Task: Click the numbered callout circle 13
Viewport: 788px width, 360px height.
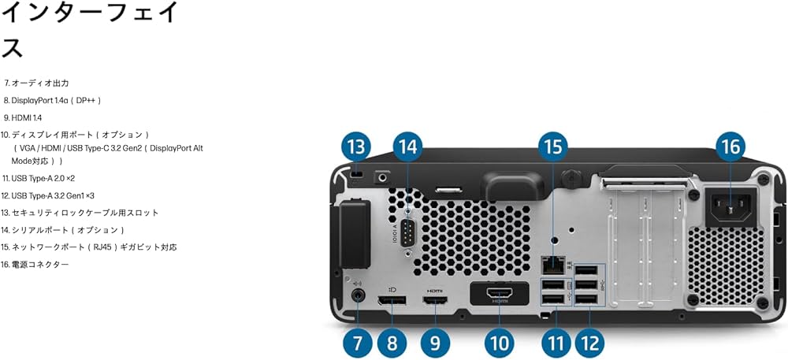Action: (357, 147)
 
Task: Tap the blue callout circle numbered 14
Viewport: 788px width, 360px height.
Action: (407, 147)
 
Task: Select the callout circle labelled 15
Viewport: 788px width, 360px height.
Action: (552, 147)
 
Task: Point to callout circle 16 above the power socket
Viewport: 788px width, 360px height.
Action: (730, 147)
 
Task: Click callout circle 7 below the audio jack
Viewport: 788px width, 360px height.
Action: (357, 343)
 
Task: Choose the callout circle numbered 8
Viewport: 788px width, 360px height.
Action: (392, 343)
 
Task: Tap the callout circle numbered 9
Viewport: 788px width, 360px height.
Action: (434, 343)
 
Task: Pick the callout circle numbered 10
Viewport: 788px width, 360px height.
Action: (498, 343)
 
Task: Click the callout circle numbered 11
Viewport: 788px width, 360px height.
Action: (557, 343)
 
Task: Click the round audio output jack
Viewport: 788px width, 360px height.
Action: (359, 297)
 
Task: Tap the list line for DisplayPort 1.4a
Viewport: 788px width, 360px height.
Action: (52, 100)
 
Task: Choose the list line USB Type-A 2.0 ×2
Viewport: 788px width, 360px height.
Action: (39, 178)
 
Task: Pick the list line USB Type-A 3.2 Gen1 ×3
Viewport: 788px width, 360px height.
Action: (48, 195)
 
